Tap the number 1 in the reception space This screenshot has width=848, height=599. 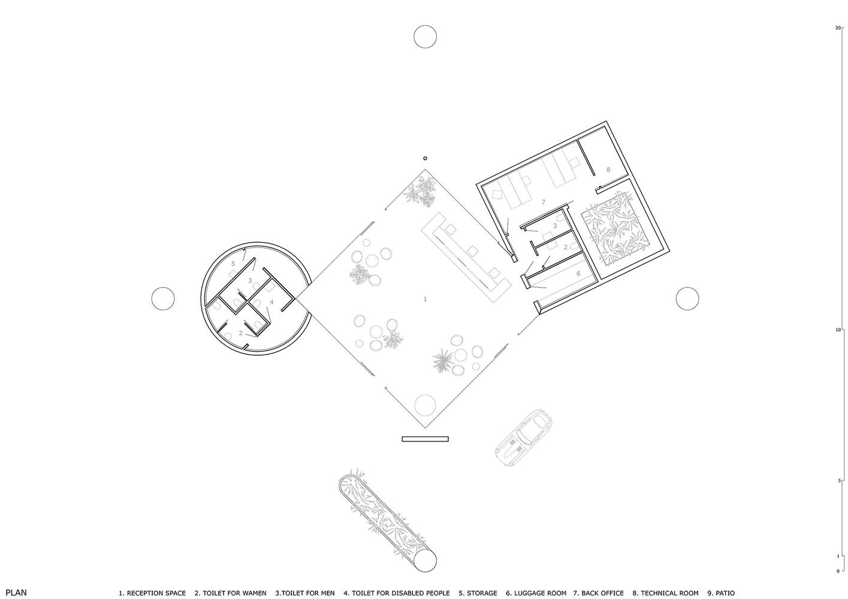425,299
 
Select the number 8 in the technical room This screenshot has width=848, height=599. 608,170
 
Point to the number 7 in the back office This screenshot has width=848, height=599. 543,202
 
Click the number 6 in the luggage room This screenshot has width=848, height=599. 578,273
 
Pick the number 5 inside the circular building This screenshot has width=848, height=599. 233,264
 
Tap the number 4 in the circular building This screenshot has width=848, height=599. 271,302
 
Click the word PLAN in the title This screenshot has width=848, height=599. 16,592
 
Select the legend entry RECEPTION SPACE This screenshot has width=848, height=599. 152,593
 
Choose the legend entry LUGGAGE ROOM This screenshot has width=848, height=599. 536,593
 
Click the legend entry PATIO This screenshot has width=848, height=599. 721,593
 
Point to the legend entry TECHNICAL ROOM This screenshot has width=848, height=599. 665,593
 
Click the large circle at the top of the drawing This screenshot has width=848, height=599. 425,37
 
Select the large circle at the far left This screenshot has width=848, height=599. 163,298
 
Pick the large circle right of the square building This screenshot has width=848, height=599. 687,298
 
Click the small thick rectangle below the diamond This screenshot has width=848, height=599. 425,439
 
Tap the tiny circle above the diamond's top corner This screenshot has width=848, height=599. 425,158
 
